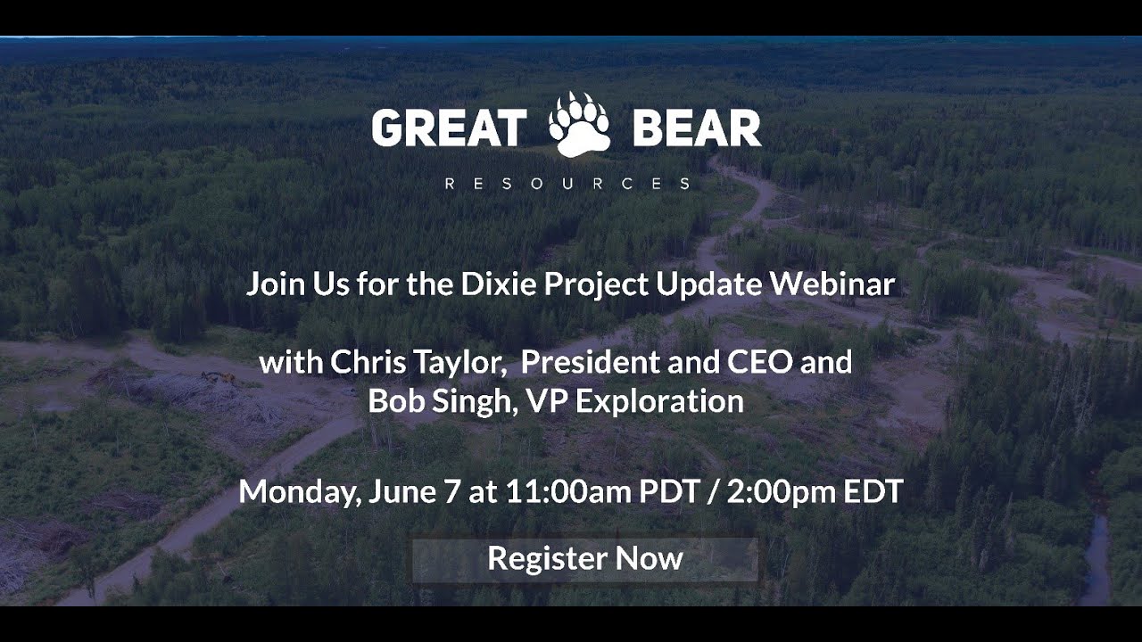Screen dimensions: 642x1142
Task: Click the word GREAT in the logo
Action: [x=447, y=128]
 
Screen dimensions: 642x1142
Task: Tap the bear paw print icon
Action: [x=578, y=125]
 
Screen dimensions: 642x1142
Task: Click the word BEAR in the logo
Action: [x=697, y=128]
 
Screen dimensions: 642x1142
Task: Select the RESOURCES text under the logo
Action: [x=567, y=184]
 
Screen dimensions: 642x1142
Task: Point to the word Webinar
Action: [x=832, y=284]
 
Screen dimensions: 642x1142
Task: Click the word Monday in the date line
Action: [x=299, y=492]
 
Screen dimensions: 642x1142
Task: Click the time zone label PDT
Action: [x=670, y=492]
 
